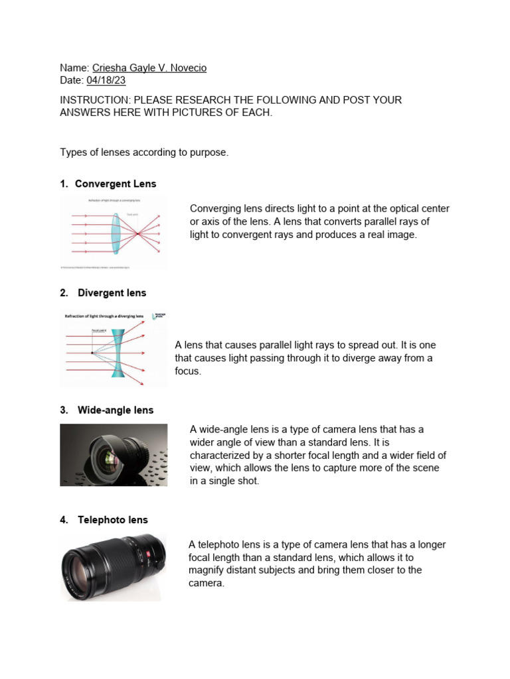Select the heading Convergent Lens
[x=116, y=184]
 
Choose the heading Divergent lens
[x=112, y=293]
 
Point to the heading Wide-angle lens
[x=115, y=410]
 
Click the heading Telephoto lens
[x=112, y=521]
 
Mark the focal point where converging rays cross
[x=137, y=234]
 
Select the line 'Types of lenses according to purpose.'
[x=144, y=153]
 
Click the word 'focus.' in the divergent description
[x=187, y=371]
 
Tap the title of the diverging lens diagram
[x=104, y=317]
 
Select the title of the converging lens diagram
[x=114, y=200]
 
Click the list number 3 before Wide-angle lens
[x=63, y=410]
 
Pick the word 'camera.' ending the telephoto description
[x=207, y=584]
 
